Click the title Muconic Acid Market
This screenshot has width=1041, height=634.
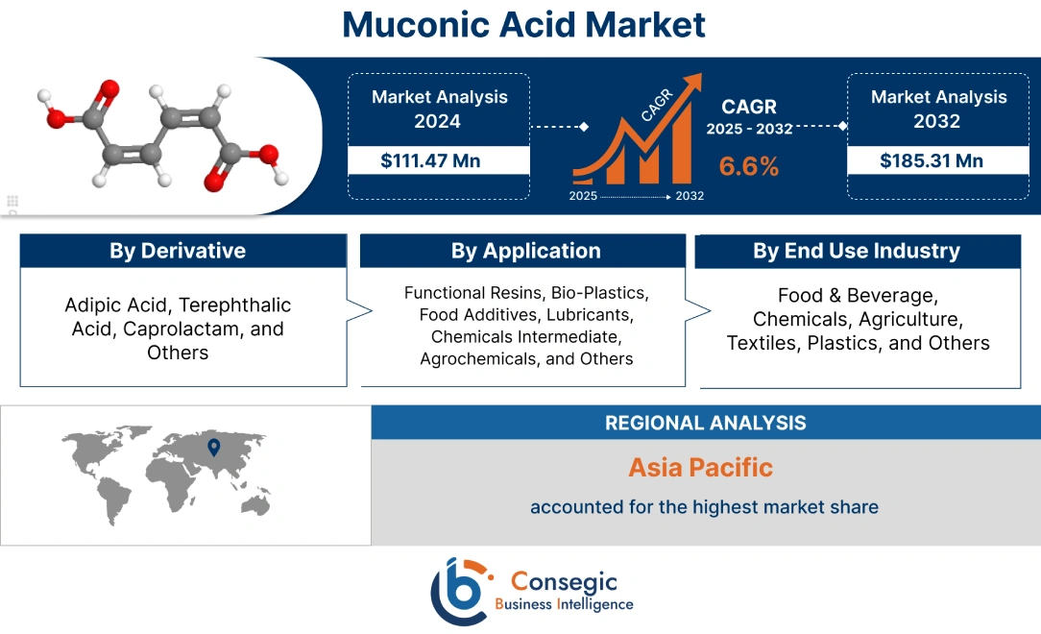[x=523, y=25]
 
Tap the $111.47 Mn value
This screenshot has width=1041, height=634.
[x=430, y=160]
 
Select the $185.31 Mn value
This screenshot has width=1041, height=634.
[x=932, y=160]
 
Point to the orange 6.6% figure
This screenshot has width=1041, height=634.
[x=749, y=166]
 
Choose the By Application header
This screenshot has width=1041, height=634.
[x=525, y=252]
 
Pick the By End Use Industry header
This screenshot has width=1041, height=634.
[x=857, y=252]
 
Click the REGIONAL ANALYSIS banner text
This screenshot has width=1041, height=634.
[x=705, y=423]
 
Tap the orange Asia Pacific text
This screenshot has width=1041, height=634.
[x=700, y=468]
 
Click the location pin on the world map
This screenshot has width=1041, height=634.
[x=213, y=446]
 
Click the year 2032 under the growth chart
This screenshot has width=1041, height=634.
[x=690, y=196]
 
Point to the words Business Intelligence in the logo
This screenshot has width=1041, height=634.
[x=564, y=604]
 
